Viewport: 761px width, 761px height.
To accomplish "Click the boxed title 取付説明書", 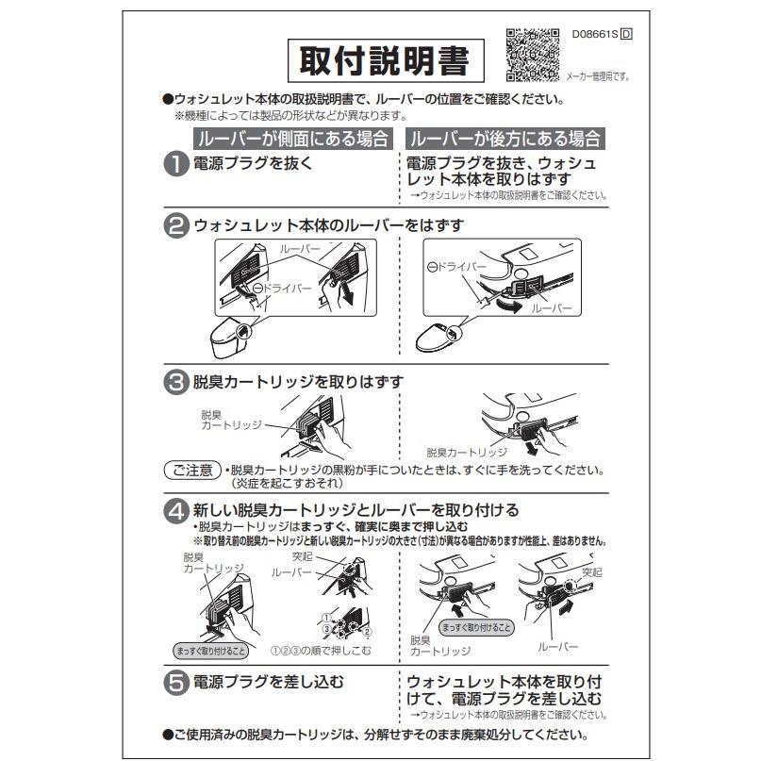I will [x=385, y=61].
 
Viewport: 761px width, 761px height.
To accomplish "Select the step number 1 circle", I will [x=176, y=163].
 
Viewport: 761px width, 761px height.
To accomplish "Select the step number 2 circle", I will [x=176, y=226].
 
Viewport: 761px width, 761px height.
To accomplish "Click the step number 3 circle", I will [x=176, y=383].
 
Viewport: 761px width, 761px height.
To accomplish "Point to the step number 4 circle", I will [x=176, y=510].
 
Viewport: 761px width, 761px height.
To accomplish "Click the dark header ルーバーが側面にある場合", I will [x=292, y=139].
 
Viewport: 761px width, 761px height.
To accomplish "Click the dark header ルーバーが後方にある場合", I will [x=505, y=139].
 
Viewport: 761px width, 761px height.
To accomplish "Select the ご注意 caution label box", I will [x=192, y=470].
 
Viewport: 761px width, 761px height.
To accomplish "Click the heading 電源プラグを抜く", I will [x=253, y=162].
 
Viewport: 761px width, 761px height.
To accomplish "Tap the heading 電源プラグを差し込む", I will [x=269, y=682].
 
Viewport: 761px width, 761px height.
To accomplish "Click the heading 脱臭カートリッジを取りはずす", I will [x=299, y=382].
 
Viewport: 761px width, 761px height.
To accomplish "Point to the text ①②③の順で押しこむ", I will [x=320, y=650].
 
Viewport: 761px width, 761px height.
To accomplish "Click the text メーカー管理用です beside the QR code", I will [x=597, y=75].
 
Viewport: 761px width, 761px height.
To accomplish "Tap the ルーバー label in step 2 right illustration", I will [x=551, y=309].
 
